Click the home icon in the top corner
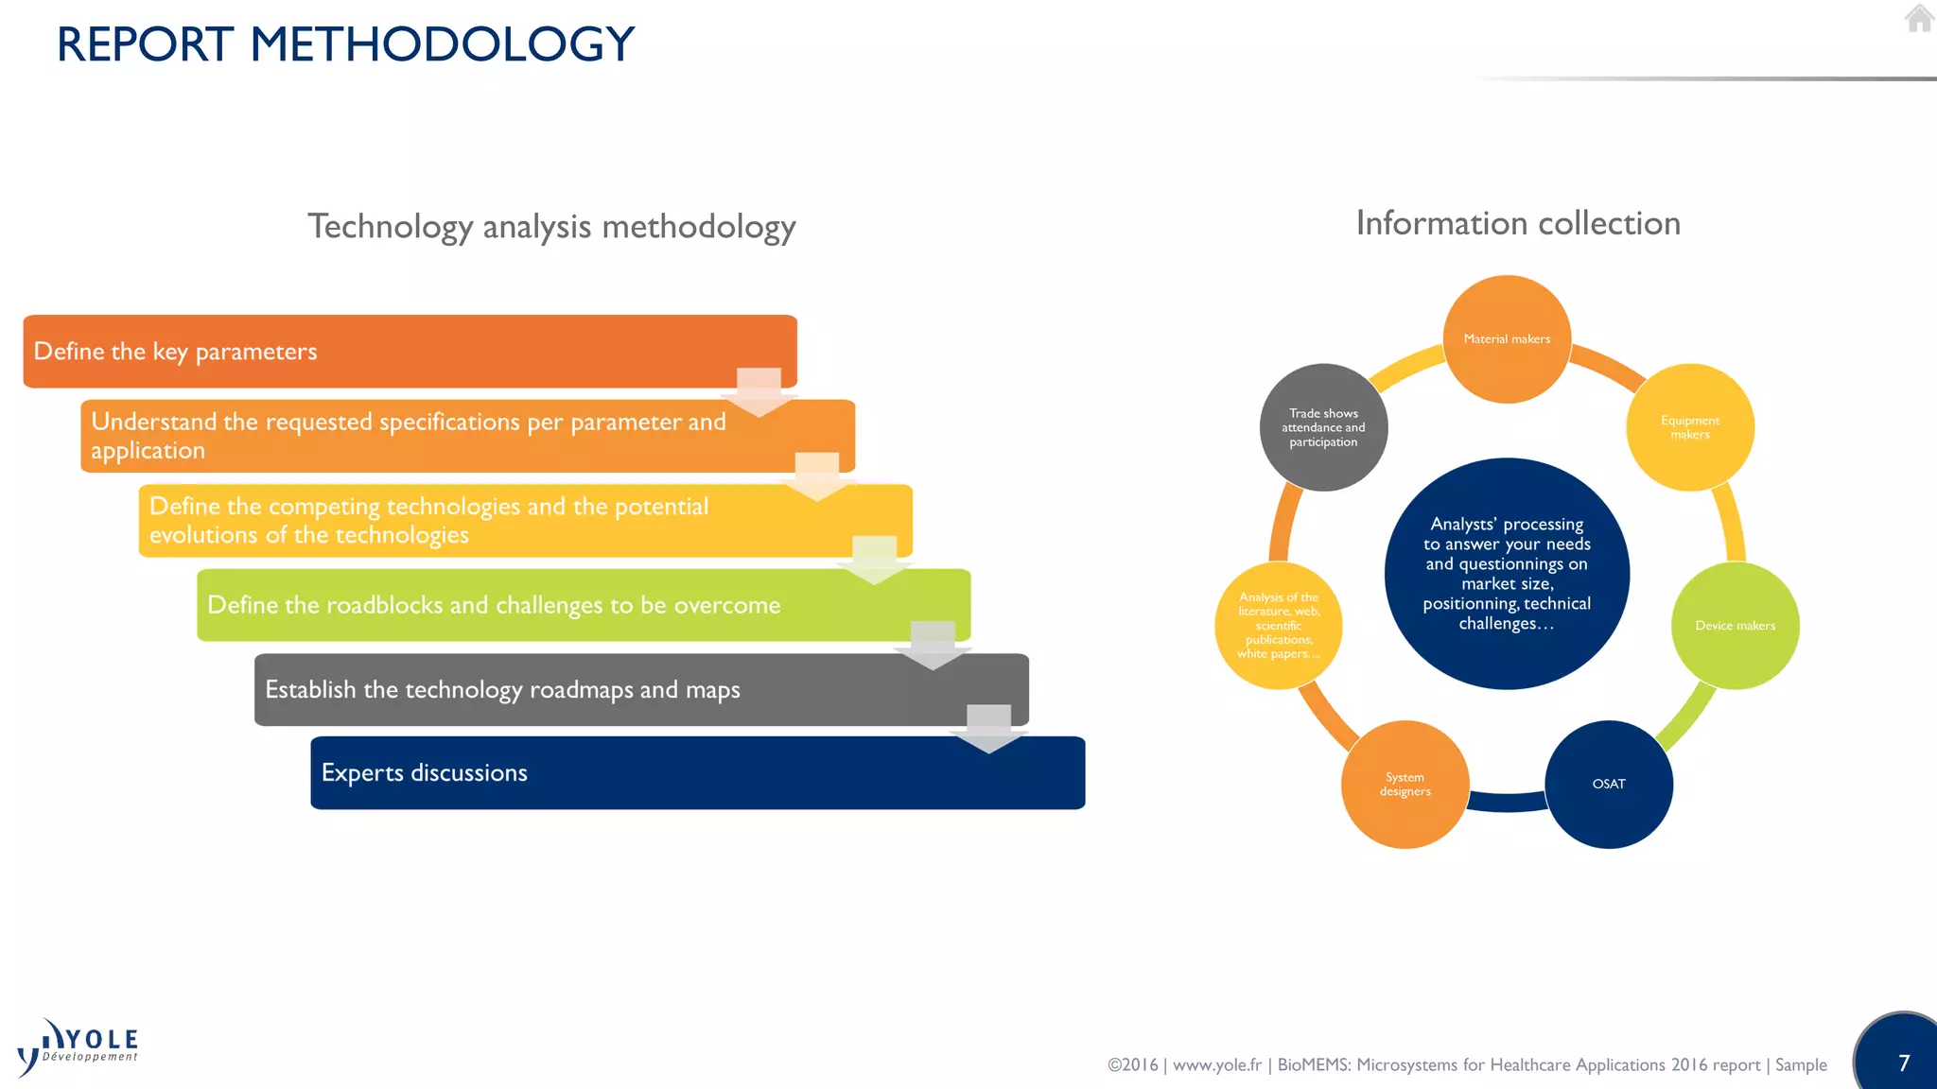click(1918, 18)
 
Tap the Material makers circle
click(1507, 338)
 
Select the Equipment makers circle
click(1689, 427)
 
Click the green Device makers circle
click(1735, 626)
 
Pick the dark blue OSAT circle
click(1608, 784)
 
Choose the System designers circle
click(1405, 784)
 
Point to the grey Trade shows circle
click(1323, 427)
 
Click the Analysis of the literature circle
click(1278, 626)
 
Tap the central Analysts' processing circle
click(1507, 574)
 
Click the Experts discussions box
click(697, 773)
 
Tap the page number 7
click(1904, 1063)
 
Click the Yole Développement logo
click(79, 1047)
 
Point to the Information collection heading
click(1518, 223)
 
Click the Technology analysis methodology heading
click(551, 227)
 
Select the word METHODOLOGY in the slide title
click(442, 44)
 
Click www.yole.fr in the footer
click(1216, 1065)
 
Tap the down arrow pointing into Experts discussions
click(988, 729)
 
